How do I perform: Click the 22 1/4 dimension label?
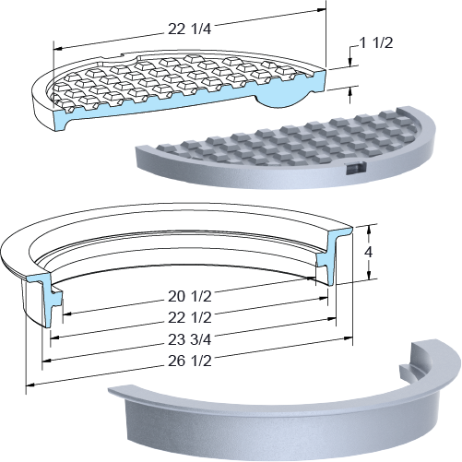tap(189, 30)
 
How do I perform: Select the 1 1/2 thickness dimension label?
tap(376, 43)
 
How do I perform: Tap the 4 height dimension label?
tap(368, 252)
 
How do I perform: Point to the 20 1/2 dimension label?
tap(190, 297)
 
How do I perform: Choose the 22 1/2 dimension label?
tap(190, 317)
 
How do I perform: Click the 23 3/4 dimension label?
tap(190, 339)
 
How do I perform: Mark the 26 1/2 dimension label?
tap(190, 361)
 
